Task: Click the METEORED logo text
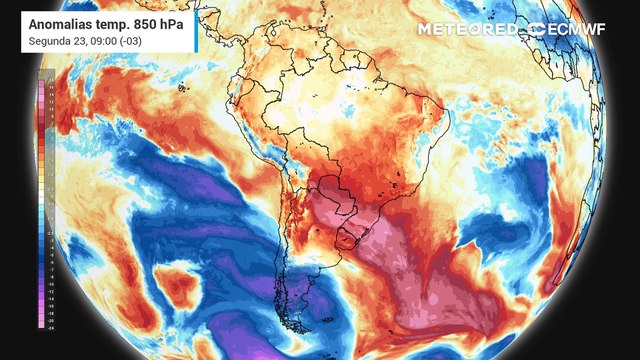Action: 467,30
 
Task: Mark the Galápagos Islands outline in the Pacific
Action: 181,87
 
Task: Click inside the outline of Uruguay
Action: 351,239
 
